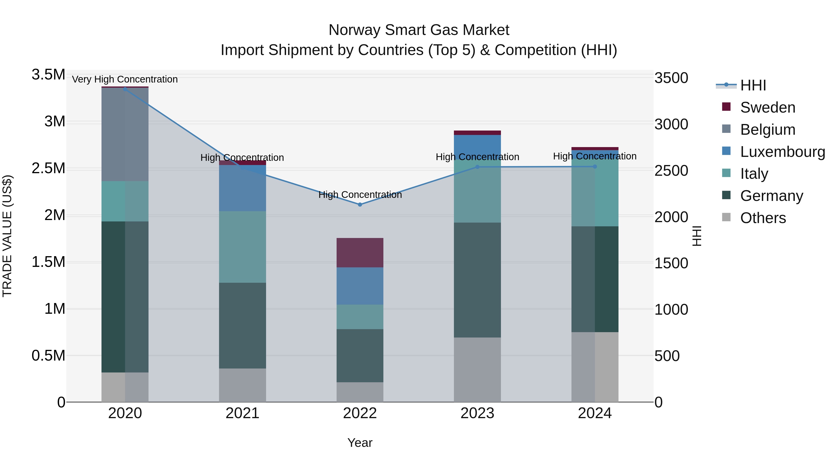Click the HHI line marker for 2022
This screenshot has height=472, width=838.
[360, 205]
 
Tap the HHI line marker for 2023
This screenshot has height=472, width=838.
[477, 167]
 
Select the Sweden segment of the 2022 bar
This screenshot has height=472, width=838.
[360, 253]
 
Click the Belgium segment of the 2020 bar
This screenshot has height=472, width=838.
[125, 134]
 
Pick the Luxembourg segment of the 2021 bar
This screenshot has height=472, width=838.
[242, 188]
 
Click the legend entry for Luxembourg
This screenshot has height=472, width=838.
[782, 152]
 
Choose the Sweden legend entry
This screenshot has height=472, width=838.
[767, 107]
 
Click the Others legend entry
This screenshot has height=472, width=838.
[763, 218]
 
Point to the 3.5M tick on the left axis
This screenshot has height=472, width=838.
[48, 75]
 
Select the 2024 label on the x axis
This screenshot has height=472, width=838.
[595, 413]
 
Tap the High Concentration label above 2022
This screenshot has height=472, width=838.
[360, 195]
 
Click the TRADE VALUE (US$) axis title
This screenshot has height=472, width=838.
[7, 236]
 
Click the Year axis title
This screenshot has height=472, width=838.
[360, 443]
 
